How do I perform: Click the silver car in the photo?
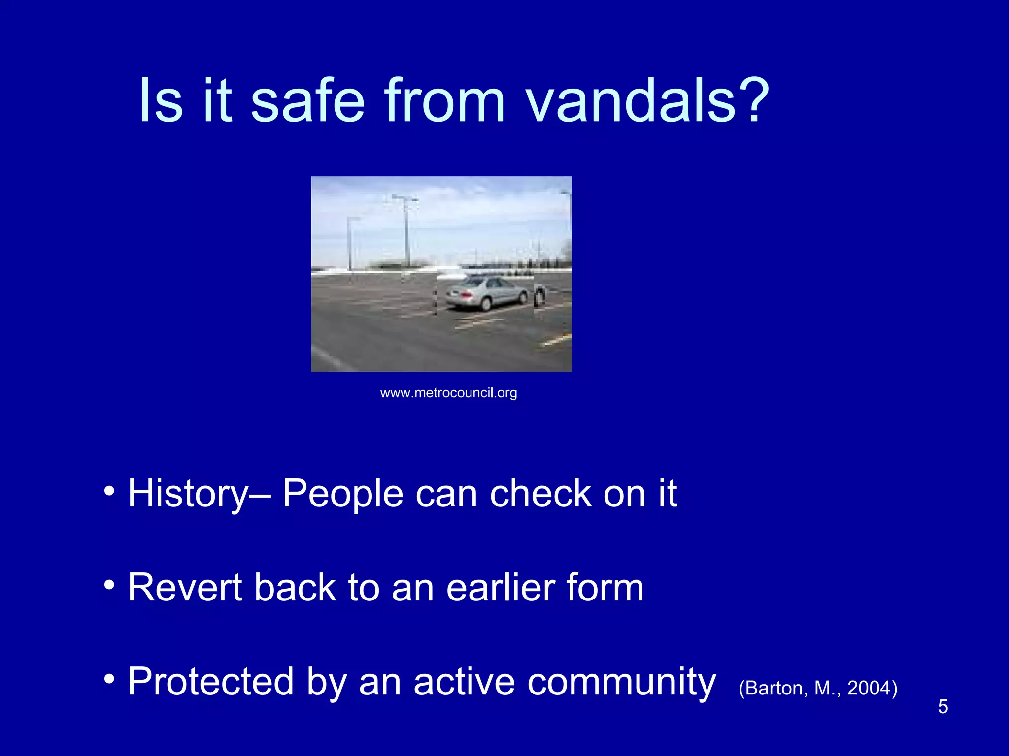click(488, 293)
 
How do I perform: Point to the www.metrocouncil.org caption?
click(448, 393)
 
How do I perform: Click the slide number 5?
click(942, 707)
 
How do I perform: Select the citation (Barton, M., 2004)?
click(818, 688)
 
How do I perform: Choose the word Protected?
click(211, 682)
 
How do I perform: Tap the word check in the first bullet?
click(540, 494)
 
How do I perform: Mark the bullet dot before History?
click(109, 491)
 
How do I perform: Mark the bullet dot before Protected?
click(109, 680)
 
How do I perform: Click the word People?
click(343, 495)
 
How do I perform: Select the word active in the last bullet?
click(464, 682)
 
